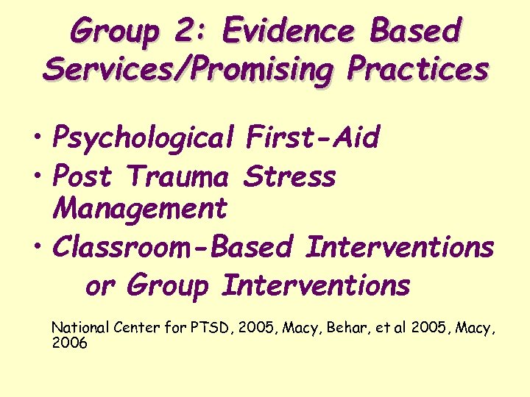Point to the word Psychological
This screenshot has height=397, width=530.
tap(143, 137)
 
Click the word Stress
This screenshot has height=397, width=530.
tap(289, 176)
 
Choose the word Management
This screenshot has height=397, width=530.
tap(141, 209)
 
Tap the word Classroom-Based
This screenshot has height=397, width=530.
tap(172, 247)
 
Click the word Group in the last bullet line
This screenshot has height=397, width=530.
tap(168, 285)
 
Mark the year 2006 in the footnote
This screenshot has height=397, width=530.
tap(69, 342)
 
